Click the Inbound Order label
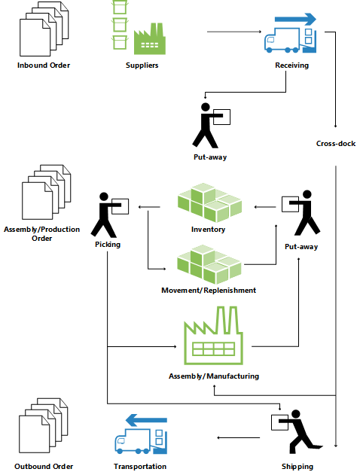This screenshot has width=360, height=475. (44, 65)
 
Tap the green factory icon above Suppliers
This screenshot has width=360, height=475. (149, 41)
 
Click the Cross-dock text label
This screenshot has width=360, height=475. (336, 143)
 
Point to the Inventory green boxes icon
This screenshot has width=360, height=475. (209, 202)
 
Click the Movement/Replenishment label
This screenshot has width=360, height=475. (209, 290)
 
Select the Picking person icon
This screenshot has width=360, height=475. (108, 215)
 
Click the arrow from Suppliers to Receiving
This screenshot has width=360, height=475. (233, 32)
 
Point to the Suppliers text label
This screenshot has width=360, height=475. (142, 65)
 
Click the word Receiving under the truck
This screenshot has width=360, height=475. (291, 65)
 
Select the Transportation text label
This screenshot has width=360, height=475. (140, 467)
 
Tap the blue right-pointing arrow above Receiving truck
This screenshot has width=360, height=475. (295, 19)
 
